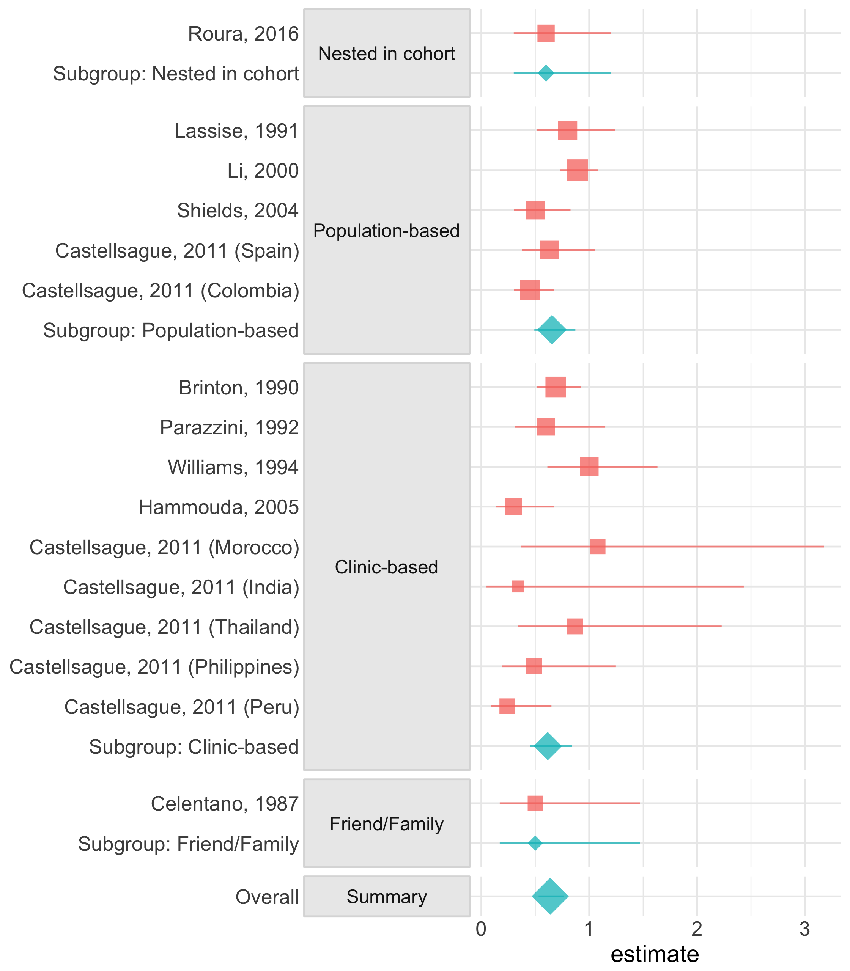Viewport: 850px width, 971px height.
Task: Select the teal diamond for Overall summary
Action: click(550, 897)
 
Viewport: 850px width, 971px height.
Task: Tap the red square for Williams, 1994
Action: click(589, 467)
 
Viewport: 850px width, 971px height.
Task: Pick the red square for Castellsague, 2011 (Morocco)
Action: click(598, 547)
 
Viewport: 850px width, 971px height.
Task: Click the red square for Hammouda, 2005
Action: click(514, 507)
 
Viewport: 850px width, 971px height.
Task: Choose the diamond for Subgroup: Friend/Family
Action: click(535, 843)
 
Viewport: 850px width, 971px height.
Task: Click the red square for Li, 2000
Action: click(577, 170)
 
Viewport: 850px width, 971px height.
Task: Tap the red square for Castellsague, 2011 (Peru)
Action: click(507, 706)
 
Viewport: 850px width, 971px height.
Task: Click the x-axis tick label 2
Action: click(697, 930)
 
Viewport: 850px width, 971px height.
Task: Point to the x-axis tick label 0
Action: click(481, 930)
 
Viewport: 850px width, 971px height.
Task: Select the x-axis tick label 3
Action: click(804, 930)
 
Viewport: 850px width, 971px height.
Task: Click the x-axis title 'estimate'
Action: click(655, 954)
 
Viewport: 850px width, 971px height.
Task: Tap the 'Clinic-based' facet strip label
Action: click(387, 567)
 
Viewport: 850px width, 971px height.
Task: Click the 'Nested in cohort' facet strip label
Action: click(387, 53)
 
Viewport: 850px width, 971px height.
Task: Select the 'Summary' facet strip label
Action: click(387, 897)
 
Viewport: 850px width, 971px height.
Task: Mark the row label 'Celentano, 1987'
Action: click(225, 804)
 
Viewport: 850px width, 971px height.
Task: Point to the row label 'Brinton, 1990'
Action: click(239, 388)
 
